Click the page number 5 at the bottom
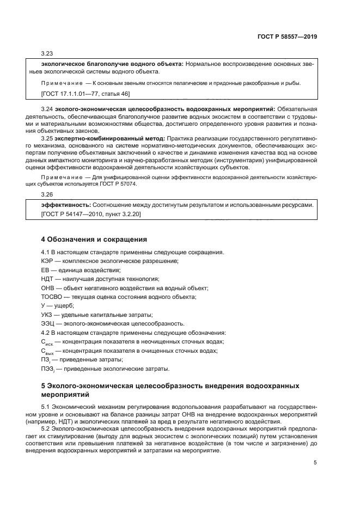tap(315, 463)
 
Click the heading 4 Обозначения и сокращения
tap(94, 239)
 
